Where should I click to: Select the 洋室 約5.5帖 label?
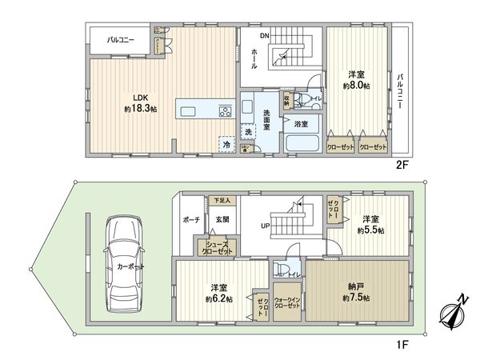(370, 224)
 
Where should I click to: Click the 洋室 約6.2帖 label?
(218, 294)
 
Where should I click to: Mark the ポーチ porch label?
(190, 220)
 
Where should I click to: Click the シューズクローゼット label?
(219, 247)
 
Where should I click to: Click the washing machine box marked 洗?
(250, 131)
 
